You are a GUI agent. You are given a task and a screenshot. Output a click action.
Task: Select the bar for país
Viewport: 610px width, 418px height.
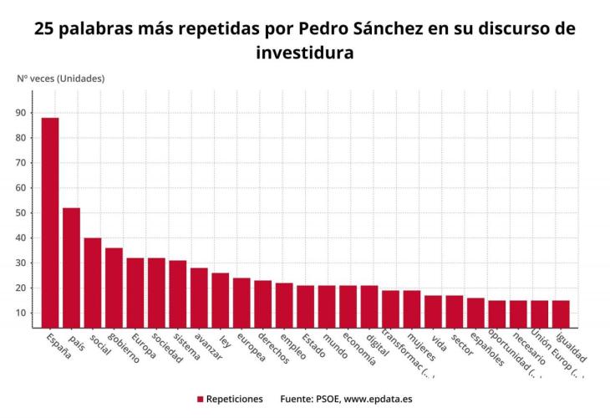pos(71,267)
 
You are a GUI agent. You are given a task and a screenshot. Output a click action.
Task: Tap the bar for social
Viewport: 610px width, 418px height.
pos(93,282)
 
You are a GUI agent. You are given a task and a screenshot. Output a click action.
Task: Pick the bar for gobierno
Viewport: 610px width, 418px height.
pos(114,287)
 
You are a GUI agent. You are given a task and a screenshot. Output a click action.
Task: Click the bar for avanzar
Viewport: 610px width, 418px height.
pos(199,297)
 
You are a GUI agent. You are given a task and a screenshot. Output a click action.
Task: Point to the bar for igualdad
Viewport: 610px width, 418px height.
pos(561,313)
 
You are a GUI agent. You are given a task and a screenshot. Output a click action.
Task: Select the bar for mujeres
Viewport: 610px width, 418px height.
pos(412,308)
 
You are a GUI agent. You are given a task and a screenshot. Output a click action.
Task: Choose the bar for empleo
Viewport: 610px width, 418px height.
pos(284,304)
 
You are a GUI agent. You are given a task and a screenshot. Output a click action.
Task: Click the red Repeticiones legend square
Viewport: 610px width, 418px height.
pos(201,400)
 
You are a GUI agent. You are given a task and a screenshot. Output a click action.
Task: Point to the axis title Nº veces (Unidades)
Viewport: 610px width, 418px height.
pos(60,79)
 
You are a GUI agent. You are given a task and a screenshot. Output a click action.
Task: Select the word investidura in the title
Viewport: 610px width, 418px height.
pos(305,52)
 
